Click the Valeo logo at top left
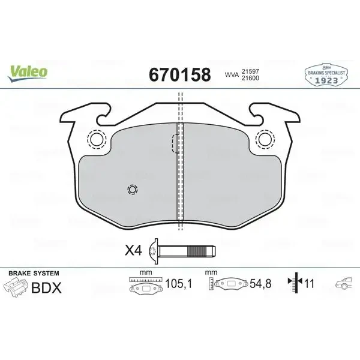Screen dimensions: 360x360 click(x=28, y=73)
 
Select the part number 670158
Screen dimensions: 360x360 click(x=180, y=75)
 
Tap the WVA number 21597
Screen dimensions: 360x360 click(x=250, y=71)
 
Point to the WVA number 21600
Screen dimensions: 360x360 click(x=250, y=78)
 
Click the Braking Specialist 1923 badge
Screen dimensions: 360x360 click(x=326, y=75)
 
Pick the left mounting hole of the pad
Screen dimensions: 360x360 click(x=97, y=139)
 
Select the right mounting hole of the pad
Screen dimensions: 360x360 click(x=265, y=139)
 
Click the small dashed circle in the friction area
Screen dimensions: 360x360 click(x=133, y=190)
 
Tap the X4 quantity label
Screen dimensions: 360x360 click(x=133, y=250)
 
